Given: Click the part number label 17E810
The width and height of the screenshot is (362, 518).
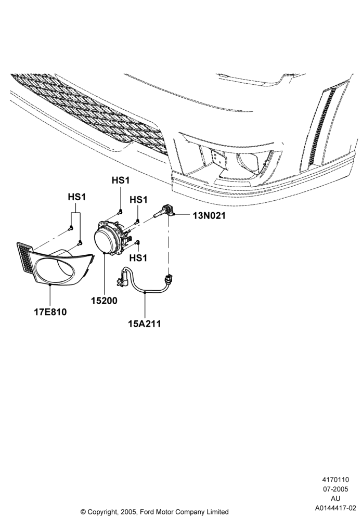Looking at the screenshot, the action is [50, 312].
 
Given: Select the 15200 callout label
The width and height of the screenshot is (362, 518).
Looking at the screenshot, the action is [104, 301].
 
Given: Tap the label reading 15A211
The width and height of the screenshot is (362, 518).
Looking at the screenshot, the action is [145, 323].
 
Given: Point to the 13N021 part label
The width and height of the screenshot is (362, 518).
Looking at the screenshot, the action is [209, 216].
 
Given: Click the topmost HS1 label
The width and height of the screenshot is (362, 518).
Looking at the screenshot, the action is [121, 180].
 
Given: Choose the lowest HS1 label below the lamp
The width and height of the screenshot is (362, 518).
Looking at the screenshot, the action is [138, 257].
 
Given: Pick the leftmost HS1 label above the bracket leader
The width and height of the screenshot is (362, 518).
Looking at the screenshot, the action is [76, 197].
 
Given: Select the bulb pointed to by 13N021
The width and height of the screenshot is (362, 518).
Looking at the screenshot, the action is [164, 211].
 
